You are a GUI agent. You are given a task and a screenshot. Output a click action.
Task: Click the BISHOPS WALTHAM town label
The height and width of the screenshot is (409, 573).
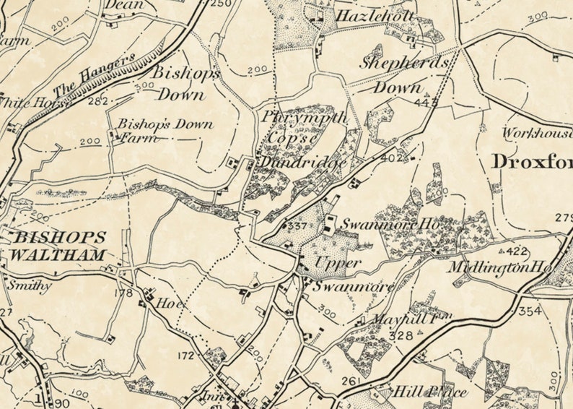pyautogui.click(x=59, y=246)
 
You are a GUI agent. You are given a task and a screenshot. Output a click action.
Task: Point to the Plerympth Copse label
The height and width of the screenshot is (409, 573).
pyautogui.click(x=294, y=126)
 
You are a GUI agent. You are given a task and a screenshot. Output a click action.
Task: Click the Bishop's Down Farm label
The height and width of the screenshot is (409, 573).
pyautogui.click(x=165, y=131)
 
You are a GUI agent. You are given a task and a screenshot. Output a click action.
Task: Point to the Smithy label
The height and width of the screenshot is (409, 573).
pyautogui.click(x=30, y=285)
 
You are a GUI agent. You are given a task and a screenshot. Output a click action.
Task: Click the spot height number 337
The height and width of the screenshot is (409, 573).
pyautogui.click(x=297, y=227)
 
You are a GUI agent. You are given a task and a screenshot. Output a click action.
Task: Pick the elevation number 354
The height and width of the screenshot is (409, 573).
pyautogui.click(x=530, y=310)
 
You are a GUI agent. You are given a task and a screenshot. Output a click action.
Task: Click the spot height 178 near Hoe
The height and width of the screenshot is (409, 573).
pyautogui.click(x=125, y=293)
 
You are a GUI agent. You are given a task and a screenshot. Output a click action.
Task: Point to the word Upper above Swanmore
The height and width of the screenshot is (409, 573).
pyautogui.click(x=338, y=263)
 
